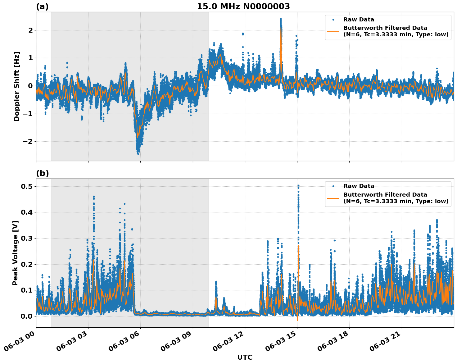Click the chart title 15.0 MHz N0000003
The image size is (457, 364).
tap(243, 7)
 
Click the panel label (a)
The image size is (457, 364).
tap(42, 7)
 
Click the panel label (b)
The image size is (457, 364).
tap(42, 173)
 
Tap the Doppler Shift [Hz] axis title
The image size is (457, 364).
tap(17, 86)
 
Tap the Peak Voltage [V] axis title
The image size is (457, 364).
tap(15, 253)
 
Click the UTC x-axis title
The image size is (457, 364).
tap(245, 357)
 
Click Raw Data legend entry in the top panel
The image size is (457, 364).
tap(359, 20)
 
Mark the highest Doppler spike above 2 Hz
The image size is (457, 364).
tap(281, 20)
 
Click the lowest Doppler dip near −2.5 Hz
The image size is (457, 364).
tap(138, 153)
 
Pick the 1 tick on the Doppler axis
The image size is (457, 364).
tap(30, 58)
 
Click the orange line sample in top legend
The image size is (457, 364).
tap(333, 31)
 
